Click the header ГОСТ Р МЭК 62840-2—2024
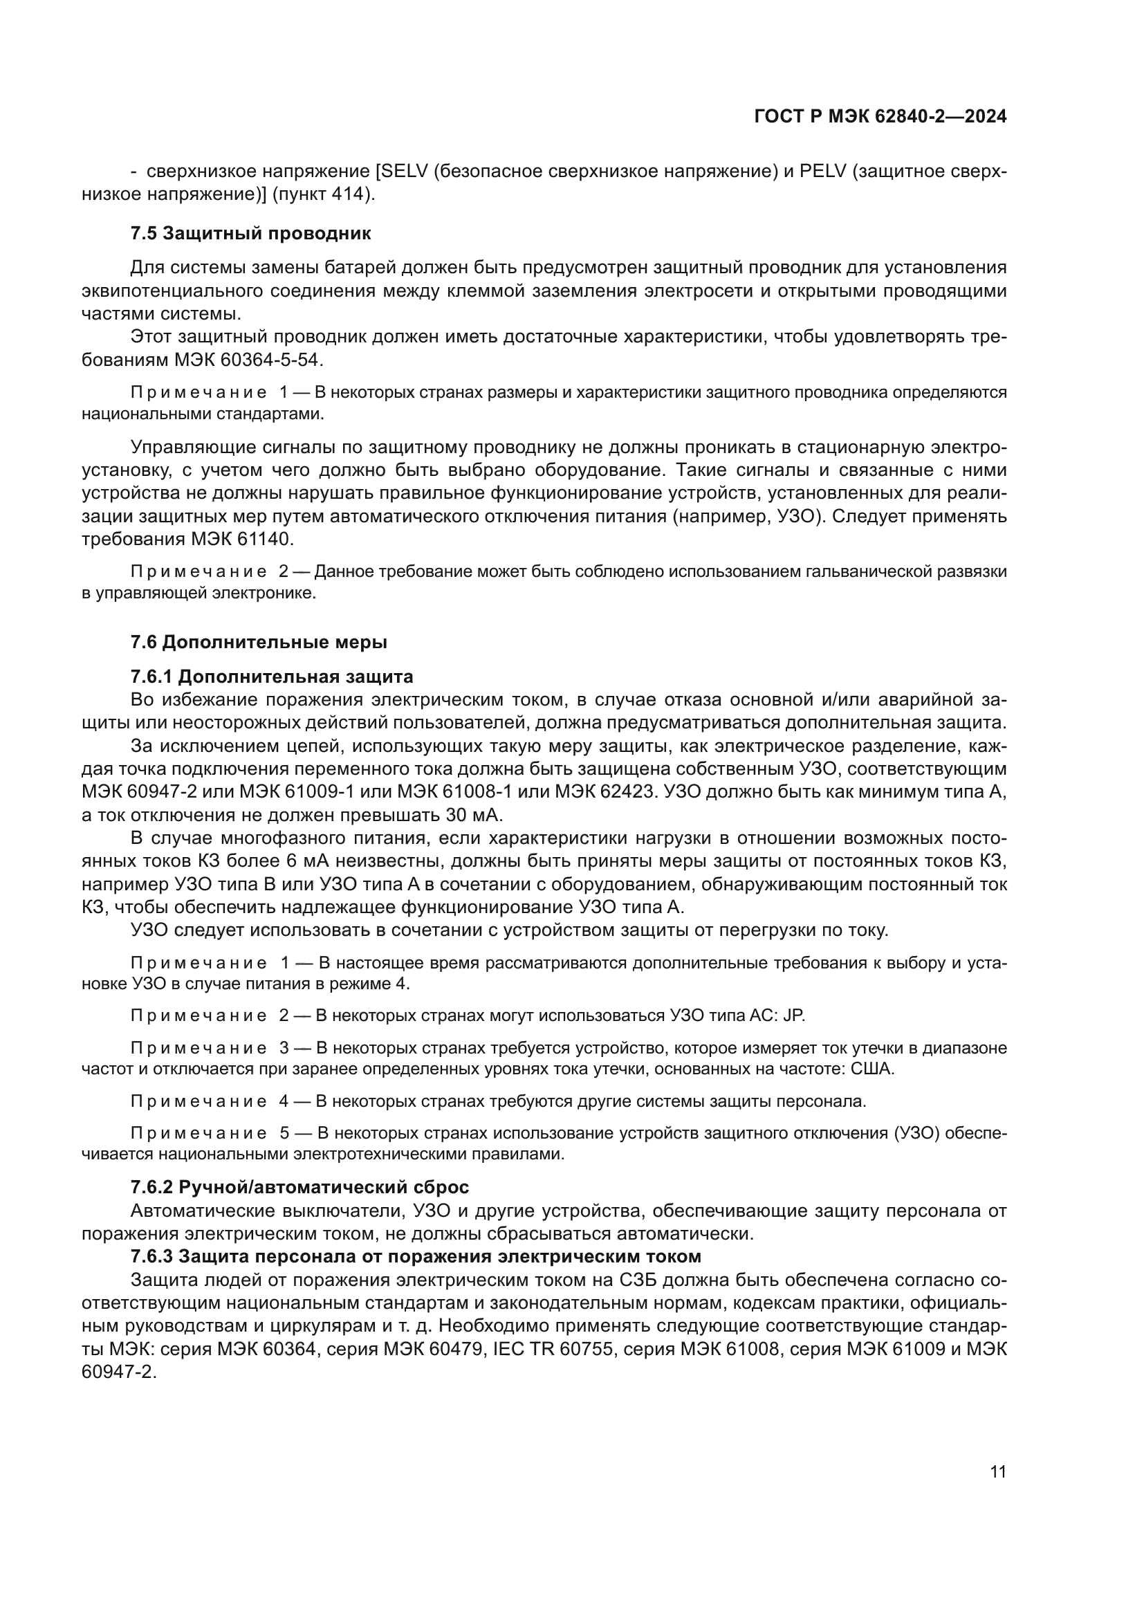click(880, 117)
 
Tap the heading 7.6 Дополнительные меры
click(259, 642)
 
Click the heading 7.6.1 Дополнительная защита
click(271, 677)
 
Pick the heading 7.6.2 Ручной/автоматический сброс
click(299, 1187)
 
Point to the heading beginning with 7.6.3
click(416, 1256)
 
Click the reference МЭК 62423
click(605, 791)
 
